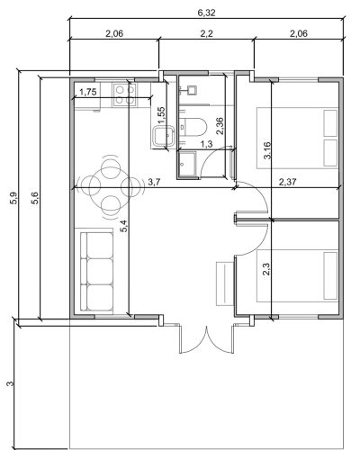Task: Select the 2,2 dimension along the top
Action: pyautogui.click(x=207, y=33)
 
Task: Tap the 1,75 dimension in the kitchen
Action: pyautogui.click(x=88, y=92)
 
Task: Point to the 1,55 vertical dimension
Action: pyautogui.click(x=160, y=114)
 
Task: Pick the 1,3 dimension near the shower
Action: pyautogui.click(x=206, y=144)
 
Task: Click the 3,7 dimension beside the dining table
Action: pyautogui.click(x=153, y=182)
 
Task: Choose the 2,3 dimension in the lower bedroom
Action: pyautogui.click(x=266, y=270)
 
